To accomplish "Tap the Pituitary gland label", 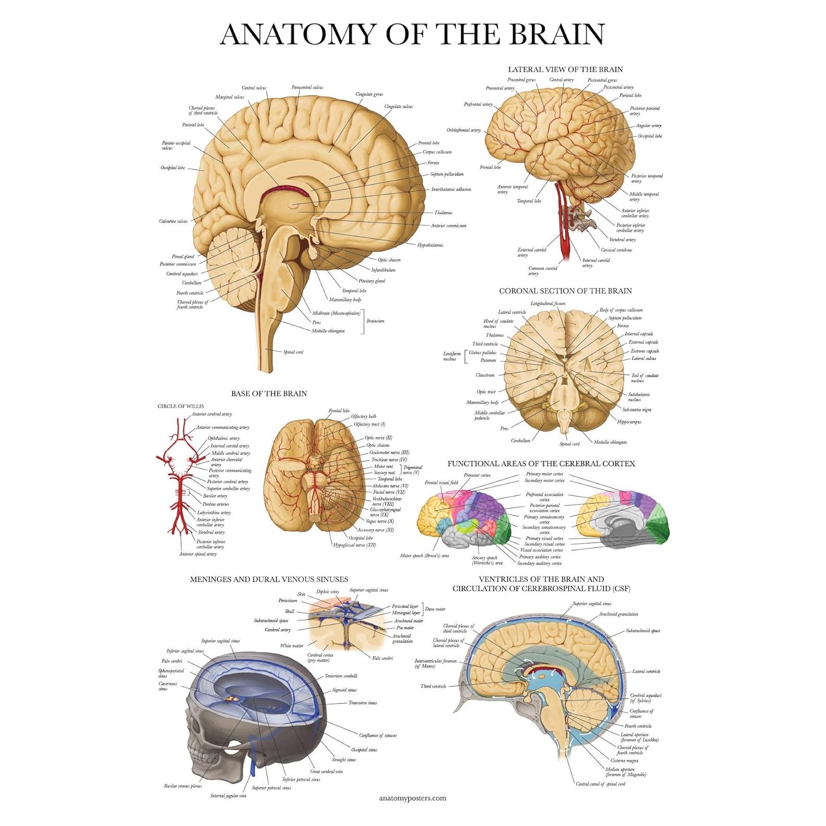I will [371, 281].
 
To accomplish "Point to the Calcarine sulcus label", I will [173, 221].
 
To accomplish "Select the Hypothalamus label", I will [430, 245].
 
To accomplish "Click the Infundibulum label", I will [383, 270].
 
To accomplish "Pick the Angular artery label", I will [648, 126].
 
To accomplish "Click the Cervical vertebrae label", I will [616, 250].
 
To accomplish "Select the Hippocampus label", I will [629, 422].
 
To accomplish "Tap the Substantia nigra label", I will [636, 409].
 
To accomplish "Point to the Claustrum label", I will [484, 375].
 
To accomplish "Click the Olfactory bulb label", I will [363, 416].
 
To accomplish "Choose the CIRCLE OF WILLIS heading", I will [181, 406].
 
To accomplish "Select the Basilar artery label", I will [215, 496].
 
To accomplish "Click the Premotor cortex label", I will [477, 475].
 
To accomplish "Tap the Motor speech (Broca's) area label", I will [424, 556].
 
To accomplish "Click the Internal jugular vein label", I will [228, 796].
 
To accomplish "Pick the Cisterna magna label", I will [624, 761].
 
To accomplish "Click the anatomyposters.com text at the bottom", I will [412, 798].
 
